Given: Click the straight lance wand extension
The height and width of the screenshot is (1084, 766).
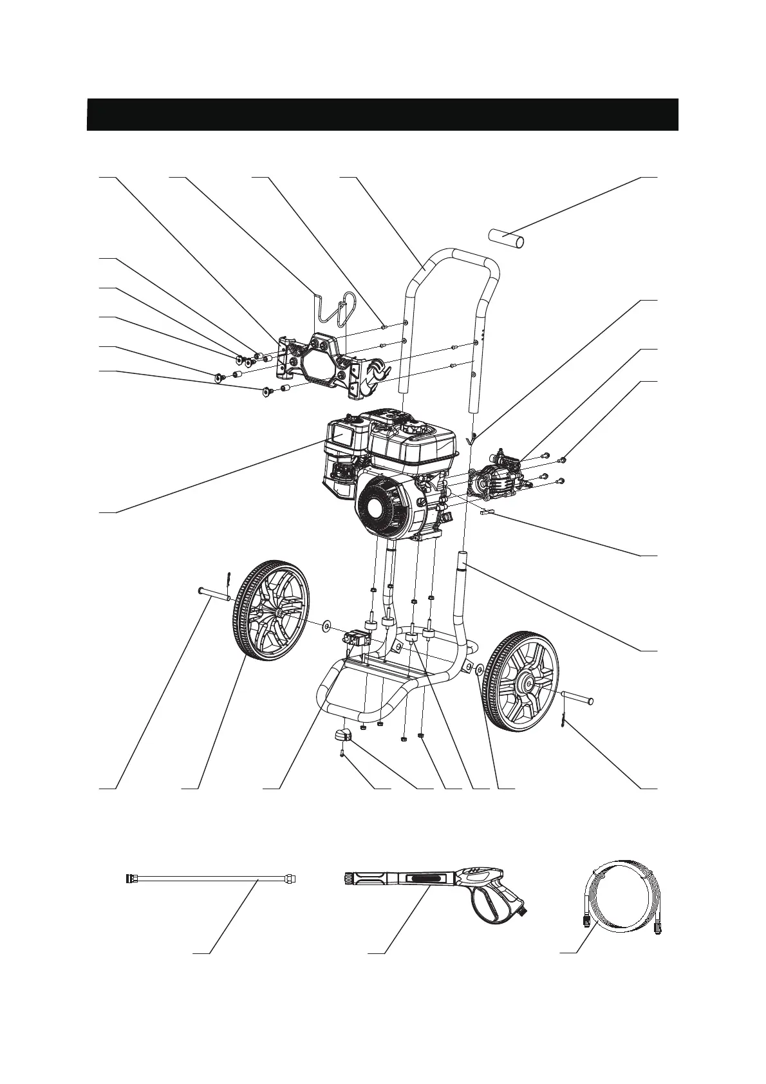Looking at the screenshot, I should pos(212,878).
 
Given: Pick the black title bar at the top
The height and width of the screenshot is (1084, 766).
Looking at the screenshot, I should pos(382,115).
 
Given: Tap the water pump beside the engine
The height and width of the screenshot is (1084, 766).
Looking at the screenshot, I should pos(495,472).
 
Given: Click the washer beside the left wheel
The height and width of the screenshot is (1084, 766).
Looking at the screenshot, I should pos(326,624).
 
